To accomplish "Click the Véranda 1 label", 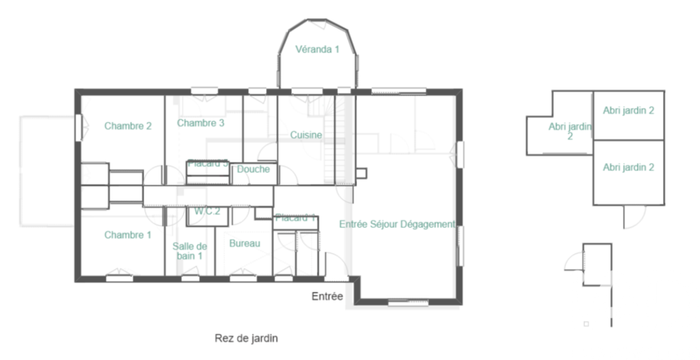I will [317, 50].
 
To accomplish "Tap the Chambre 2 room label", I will [128, 126].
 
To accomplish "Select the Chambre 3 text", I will [200, 123].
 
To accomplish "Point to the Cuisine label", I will [306, 135].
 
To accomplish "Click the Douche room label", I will [253, 169].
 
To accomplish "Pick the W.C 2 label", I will [208, 211].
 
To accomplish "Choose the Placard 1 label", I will [295, 218].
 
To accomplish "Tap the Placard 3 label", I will [207, 163].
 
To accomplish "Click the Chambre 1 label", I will [128, 235].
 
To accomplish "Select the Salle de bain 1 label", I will [190, 251].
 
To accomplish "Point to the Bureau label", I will [245, 244].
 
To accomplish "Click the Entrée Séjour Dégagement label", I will [397, 224].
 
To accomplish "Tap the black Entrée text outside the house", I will [327, 297].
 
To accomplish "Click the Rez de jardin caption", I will [246, 338].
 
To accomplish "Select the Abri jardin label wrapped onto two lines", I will [570, 132].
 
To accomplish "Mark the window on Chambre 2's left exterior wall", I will [78, 127].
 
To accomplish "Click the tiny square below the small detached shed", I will [586, 324].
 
